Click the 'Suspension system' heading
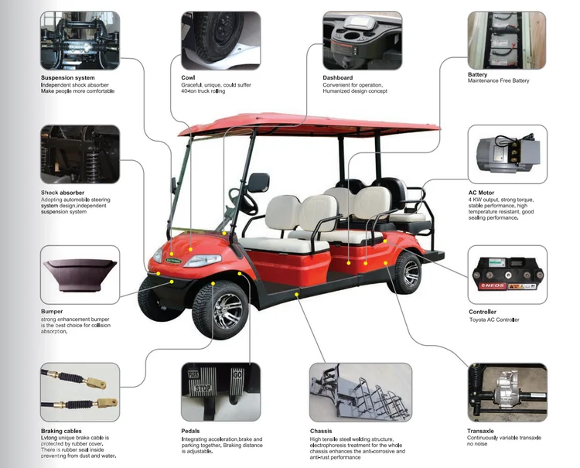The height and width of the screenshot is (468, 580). click(68, 78)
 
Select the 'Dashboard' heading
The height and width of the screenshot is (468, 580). click(338, 78)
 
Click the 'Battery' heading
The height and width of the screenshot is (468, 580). click(478, 75)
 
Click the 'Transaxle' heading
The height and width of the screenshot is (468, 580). click(483, 431)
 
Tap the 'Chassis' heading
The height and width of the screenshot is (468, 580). click(321, 431)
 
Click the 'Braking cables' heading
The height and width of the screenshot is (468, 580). click(61, 431)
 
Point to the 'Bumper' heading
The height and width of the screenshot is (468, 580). click(52, 311)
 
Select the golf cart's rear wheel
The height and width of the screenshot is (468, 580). click(407, 272)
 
